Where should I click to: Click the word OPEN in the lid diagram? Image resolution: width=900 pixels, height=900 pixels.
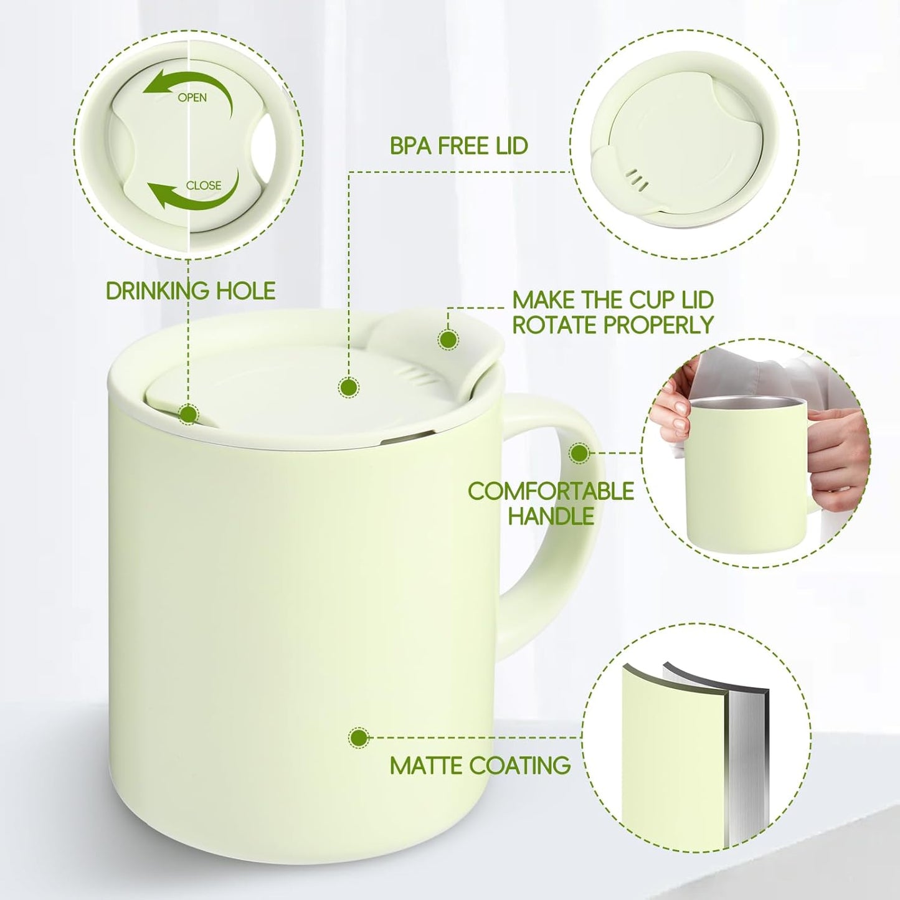(x=192, y=98)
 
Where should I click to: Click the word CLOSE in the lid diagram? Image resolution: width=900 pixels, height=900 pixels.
(x=203, y=186)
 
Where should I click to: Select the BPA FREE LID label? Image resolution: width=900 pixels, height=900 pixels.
(x=458, y=146)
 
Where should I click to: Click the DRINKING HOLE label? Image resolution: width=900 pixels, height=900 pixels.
(x=191, y=290)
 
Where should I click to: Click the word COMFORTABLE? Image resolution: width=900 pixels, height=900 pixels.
(x=551, y=491)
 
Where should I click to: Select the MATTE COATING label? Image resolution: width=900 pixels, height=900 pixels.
(x=480, y=765)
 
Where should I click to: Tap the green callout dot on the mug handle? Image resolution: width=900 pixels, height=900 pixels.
(x=579, y=453)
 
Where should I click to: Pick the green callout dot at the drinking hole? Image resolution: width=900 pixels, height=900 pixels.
(x=189, y=414)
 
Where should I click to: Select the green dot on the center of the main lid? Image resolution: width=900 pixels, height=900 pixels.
(x=348, y=387)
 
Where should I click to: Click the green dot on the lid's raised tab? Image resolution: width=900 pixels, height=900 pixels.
(x=448, y=339)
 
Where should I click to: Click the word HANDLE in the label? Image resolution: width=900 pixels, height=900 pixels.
(x=551, y=516)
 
